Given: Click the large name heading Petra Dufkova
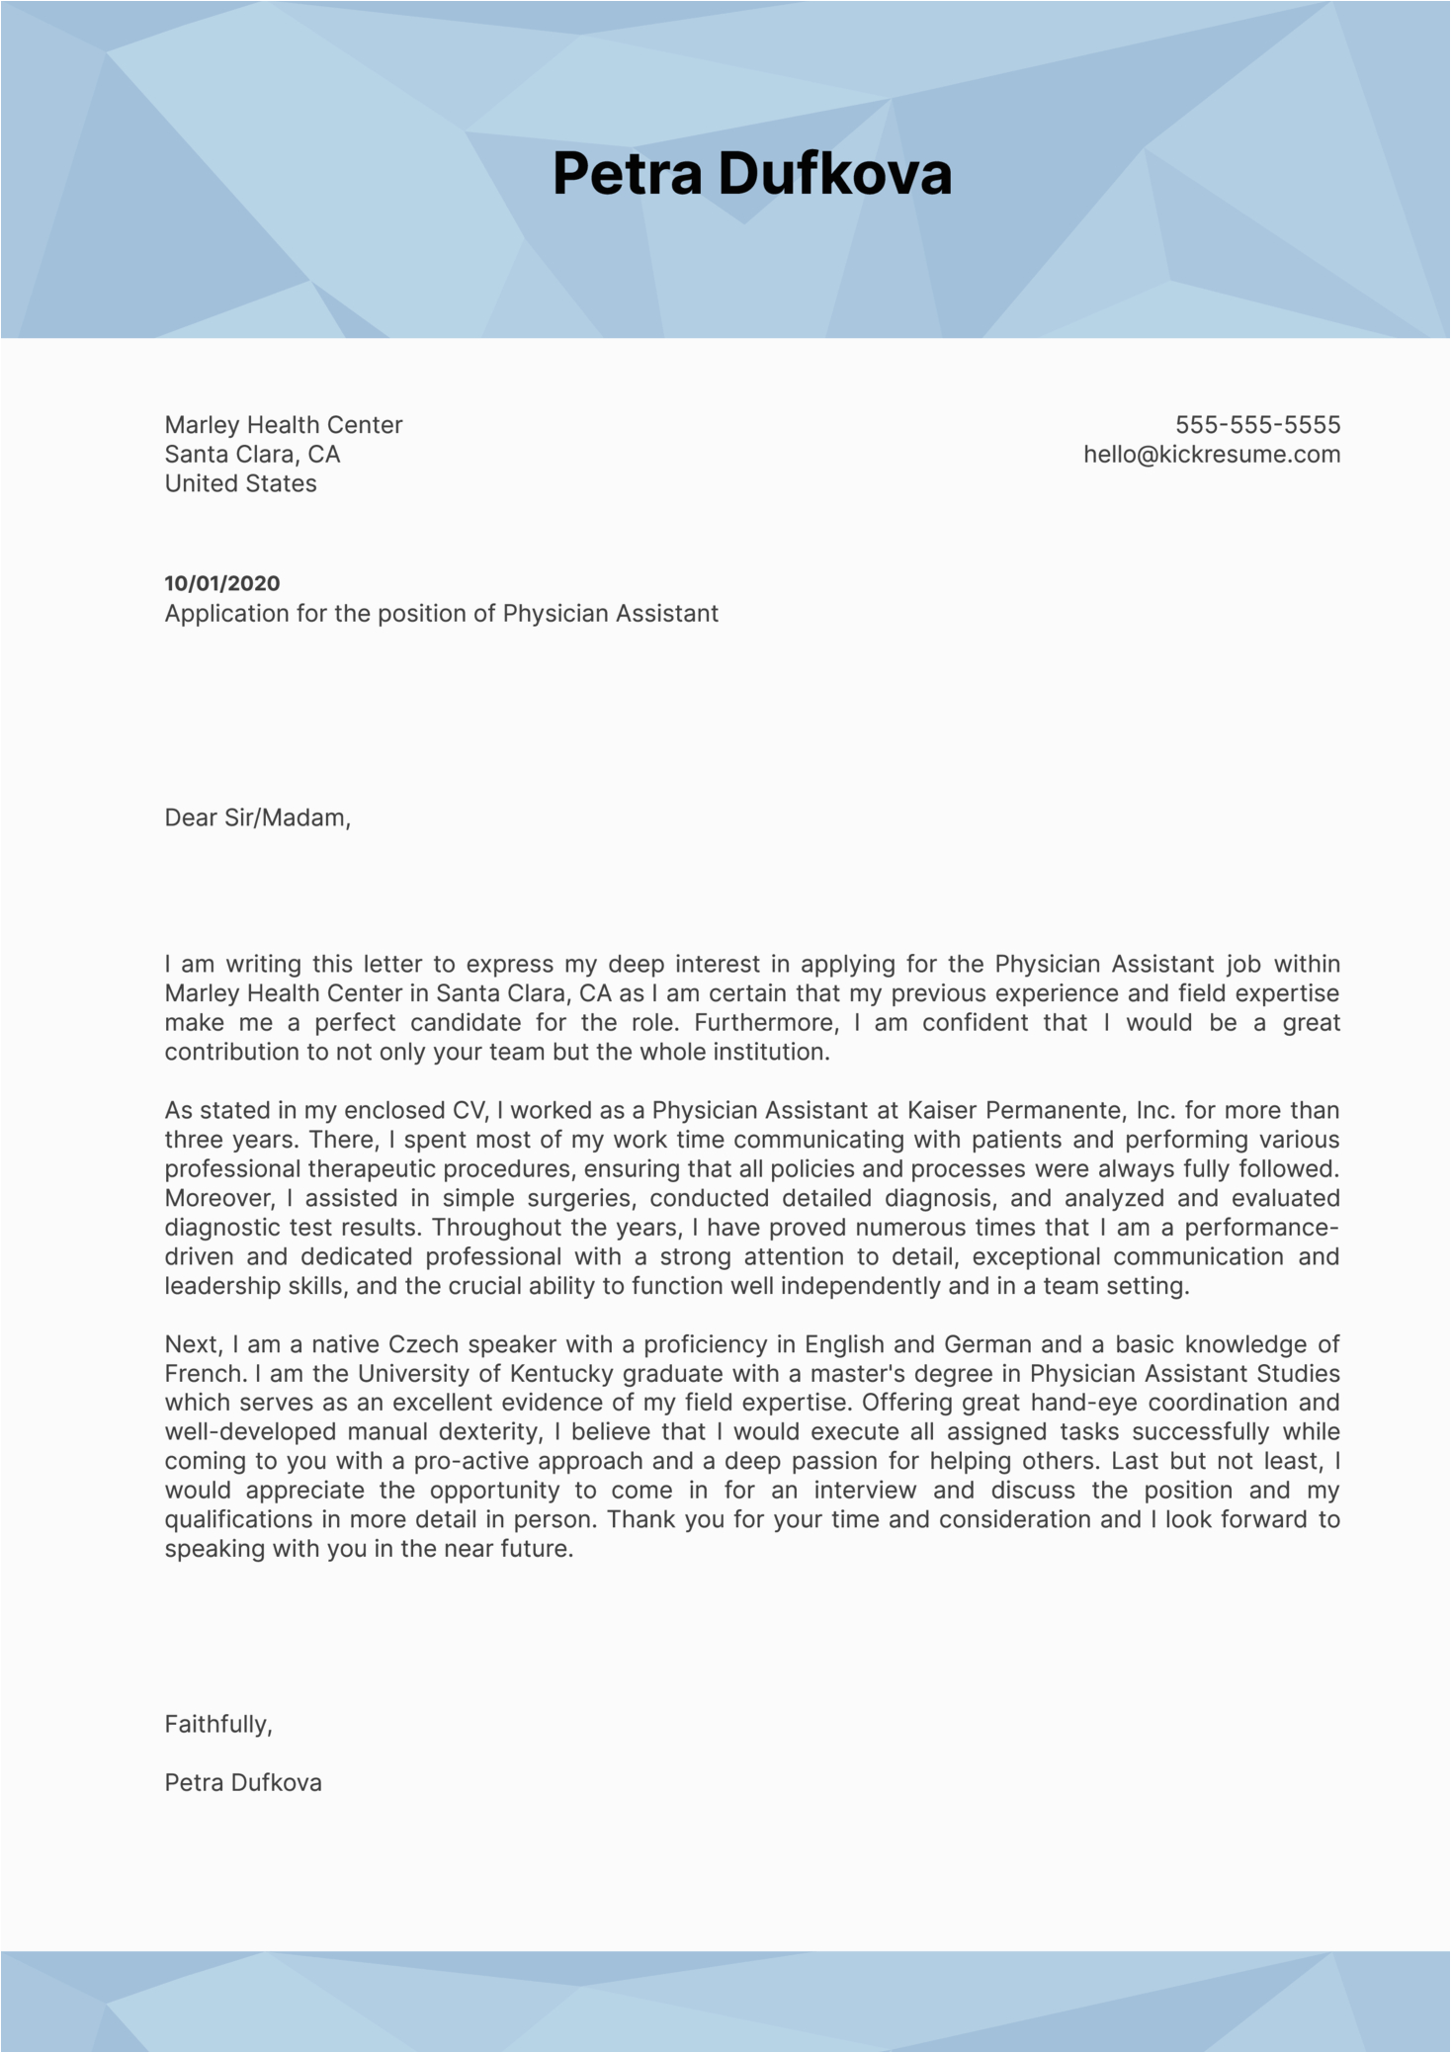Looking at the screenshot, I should point(751,174).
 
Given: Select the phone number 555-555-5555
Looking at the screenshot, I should point(1257,425).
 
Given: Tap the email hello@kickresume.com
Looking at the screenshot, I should point(1212,455).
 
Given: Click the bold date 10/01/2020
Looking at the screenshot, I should point(222,583).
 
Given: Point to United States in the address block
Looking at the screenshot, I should point(240,483).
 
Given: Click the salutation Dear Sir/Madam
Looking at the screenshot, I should point(257,817).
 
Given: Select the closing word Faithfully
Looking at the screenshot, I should point(217,1724).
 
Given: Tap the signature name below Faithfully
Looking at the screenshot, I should point(243,1782).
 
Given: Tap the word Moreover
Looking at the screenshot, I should point(217,1198).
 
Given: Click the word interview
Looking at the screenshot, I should point(865,1490).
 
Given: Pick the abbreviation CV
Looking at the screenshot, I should point(469,1110).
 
